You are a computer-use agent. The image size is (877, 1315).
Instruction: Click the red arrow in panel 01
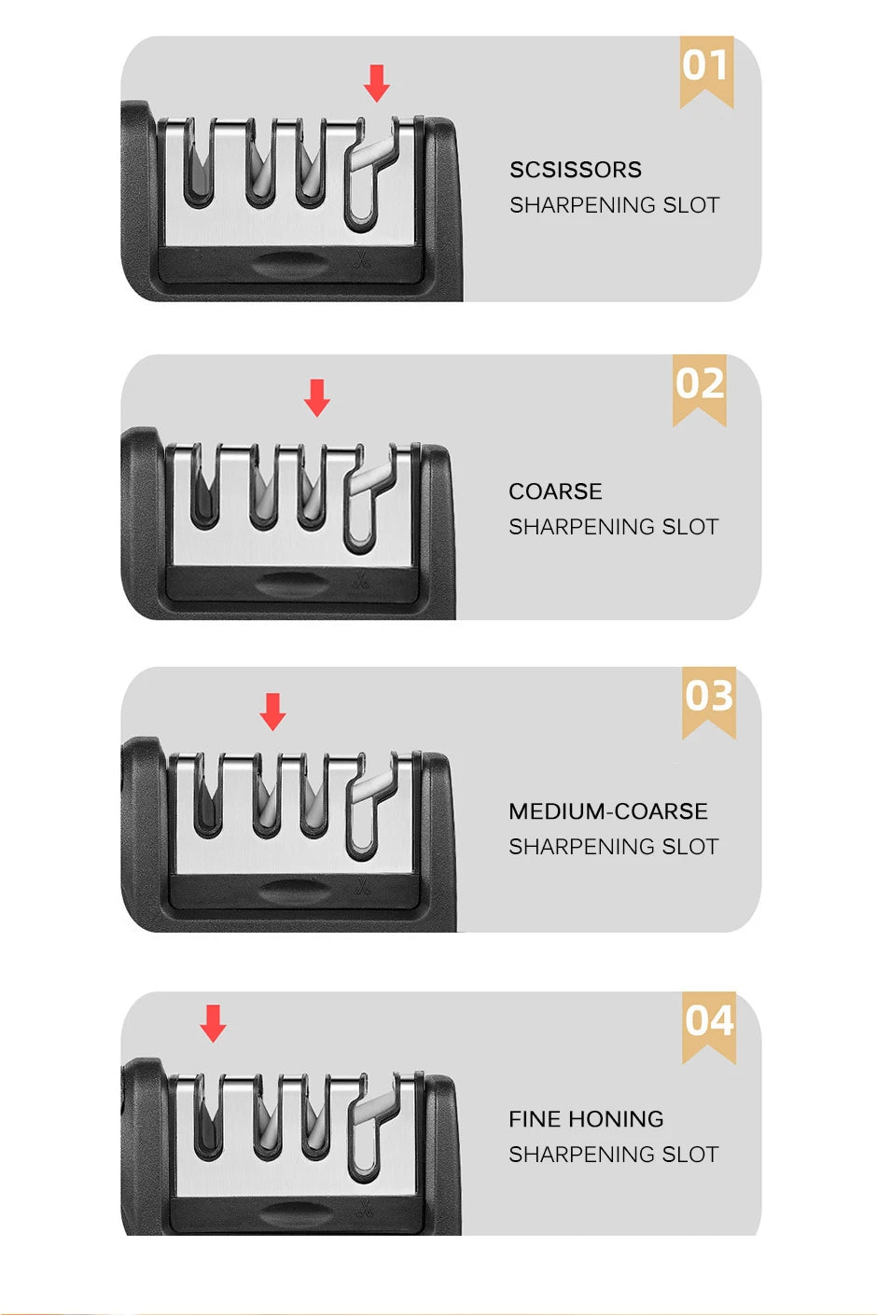[377, 83]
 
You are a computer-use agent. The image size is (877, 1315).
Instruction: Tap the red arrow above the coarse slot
[317, 397]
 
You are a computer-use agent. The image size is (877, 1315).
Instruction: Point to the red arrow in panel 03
[272, 711]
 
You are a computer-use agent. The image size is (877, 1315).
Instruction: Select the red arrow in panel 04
[214, 1023]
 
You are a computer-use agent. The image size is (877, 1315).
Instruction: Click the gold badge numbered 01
[706, 68]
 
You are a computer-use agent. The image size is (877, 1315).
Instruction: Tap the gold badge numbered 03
[709, 699]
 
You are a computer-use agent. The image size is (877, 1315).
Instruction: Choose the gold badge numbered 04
[709, 1023]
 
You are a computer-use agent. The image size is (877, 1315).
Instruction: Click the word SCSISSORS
[576, 170]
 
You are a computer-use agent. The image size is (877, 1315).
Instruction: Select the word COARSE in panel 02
[555, 491]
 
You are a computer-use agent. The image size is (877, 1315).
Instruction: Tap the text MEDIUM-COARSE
[608, 811]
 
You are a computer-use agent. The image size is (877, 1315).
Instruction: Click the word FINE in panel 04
[535, 1119]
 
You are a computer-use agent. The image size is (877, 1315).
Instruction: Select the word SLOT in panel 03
[690, 847]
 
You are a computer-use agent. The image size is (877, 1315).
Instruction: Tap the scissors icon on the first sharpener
[362, 262]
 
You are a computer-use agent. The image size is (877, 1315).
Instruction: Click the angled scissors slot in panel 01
[367, 177]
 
